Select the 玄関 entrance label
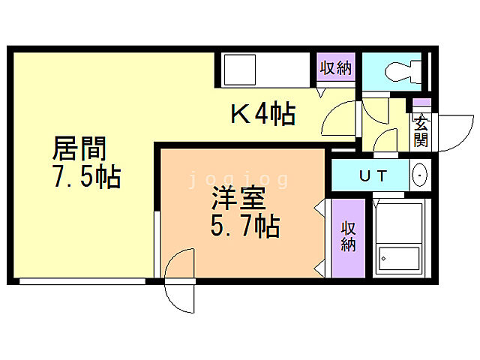421,130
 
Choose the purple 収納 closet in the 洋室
348,237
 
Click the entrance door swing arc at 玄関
453,132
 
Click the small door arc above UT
385,139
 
